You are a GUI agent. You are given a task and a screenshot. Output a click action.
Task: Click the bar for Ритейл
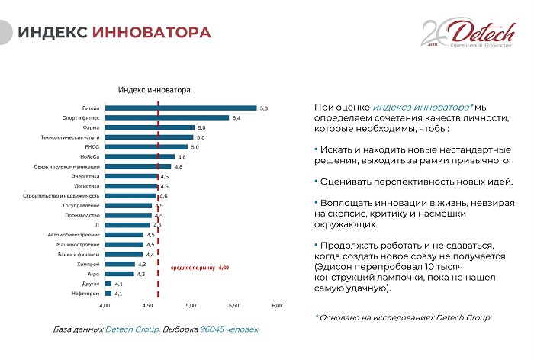pos(180,108)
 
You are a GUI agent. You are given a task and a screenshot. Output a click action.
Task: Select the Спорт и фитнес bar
pos(166,118)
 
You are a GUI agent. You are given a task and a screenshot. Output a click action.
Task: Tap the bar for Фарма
pos(150,128)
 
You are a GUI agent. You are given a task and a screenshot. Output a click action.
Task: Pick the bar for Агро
pos(119,274)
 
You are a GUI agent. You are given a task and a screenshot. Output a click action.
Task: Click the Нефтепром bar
pos(108,293)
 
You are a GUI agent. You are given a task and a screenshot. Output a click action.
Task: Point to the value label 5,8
pos(263,108)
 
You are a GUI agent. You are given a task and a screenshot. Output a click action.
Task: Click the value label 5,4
pos(236,118)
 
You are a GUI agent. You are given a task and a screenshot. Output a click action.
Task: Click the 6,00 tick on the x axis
pos(277,306)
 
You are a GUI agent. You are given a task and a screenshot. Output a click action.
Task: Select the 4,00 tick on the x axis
pos(105,306)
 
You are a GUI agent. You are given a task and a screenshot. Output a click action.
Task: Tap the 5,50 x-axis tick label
pos(234,306)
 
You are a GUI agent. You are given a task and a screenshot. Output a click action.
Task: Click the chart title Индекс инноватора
pos(154,90)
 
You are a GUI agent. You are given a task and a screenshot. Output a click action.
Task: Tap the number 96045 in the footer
pos(213,329)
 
